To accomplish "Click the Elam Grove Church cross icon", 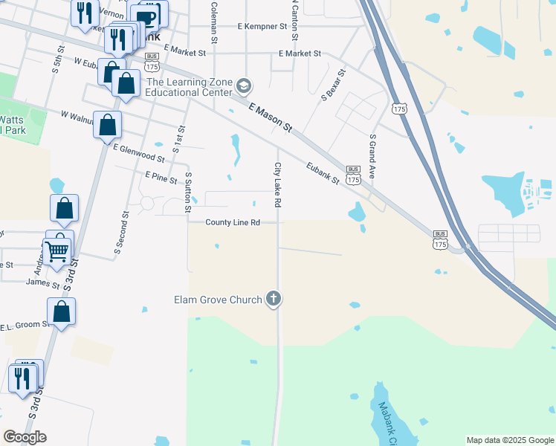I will pyautogui.click(x=274, y=299).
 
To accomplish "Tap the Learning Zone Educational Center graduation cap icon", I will pyautogui.click(x=243, y=87).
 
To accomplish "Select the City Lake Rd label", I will pyautogui.click(x=277, y=185).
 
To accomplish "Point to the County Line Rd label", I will pyautogui.click(x=233, y=222).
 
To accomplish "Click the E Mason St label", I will pyautogui.click(x=271, y=118).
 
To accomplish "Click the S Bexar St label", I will pyautogui.click(x=334, y=85).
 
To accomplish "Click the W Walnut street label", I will pyautogui.click(x=75, y=116).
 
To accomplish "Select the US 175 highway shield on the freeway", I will pyautogui.click(x=401, y=110).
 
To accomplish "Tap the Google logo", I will pyautogui.click(x=25, y=437).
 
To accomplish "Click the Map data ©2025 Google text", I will pyautogui.click(x=509, y=440).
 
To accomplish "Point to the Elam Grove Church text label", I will pyautogui.click(x=218, y=300).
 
